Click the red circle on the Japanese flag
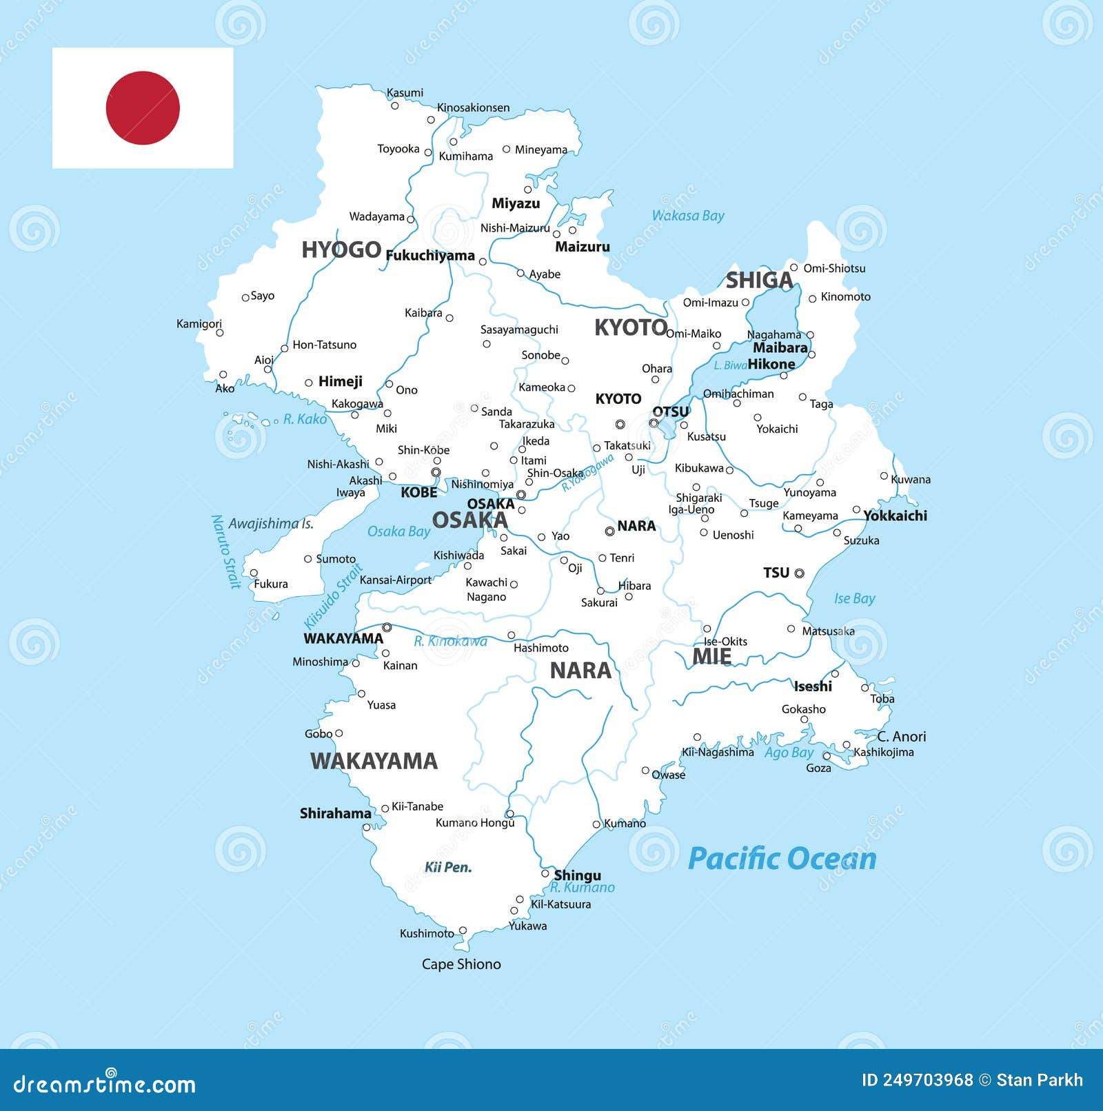pos(143,108)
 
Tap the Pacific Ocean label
pos(782,859)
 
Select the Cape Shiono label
pos(461,964)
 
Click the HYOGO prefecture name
pos(341,249)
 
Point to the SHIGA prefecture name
pos(759,281)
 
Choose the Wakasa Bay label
pos(688,216)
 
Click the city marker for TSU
pos(799,573)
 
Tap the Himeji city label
pos(340,381)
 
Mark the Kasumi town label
pos(405,93)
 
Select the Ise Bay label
pos(854,598)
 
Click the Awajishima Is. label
pos(271,524)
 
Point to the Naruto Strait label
pos(225,551)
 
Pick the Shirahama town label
pos(335,813)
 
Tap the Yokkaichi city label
pos(895,516)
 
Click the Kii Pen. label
pos(448,867)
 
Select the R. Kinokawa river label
pos(450,642)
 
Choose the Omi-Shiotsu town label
pos(834,268)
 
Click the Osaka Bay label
pos(398,531)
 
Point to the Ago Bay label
pos(789,753)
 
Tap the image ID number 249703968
pos(917,1080)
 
